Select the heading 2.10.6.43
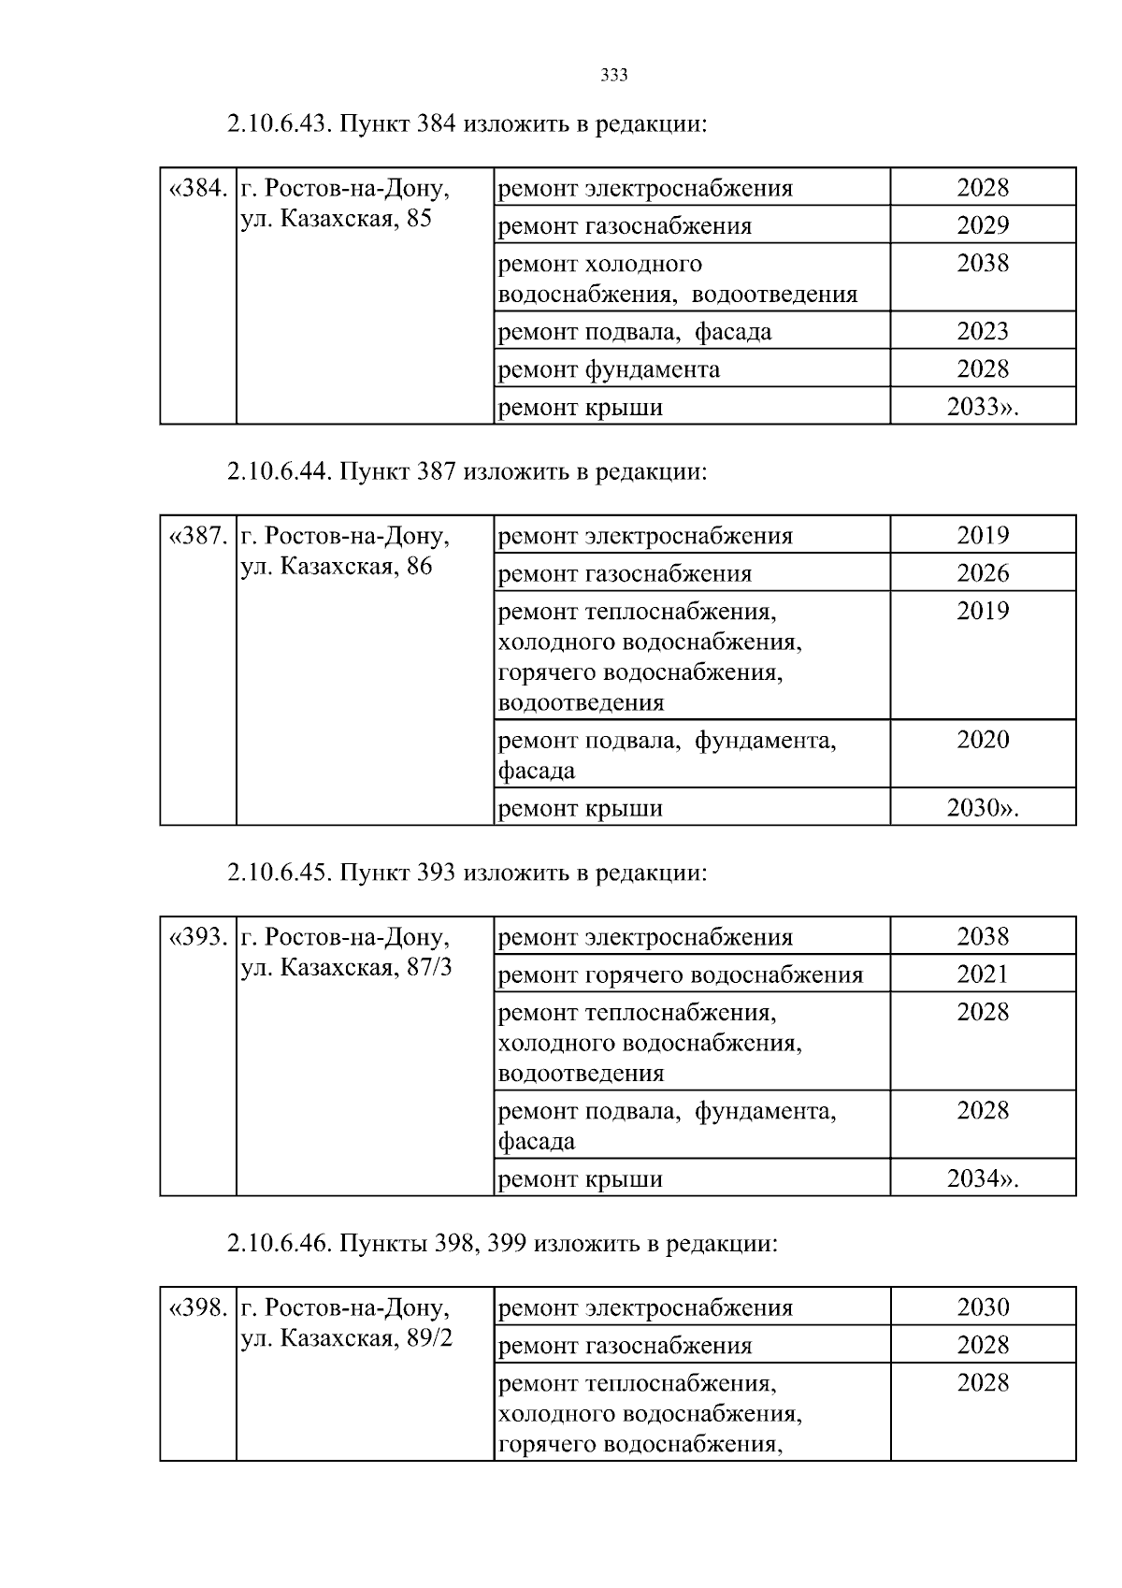pyautogui.click(x=466, y=124)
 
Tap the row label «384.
pyautogui.click(x=198, y=189)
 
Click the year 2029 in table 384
pyautogui.click(x=983, y=225)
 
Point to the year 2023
pyautogui.click(x=983, y=331)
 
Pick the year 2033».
pyautogui.click(x=983, y=407)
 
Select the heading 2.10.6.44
pyautogui.click(x=466, y=472)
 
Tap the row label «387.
pyautogui.click(x=198, y=537)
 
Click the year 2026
pyautogui.click(x=983, y=573)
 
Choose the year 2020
pyautogui.click(x=983, y=740)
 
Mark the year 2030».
pyautogui.click(x=983, y=808)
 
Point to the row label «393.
pyautogui.click(x=198, y=937)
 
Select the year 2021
pyautogui.click(x=983, y=974)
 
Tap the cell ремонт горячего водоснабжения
pyautogui.click(x=681, y=975)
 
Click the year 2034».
pyautogui.click(x=983, y=1178)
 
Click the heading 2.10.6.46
pyautogui.click(x=501, y=1244)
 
